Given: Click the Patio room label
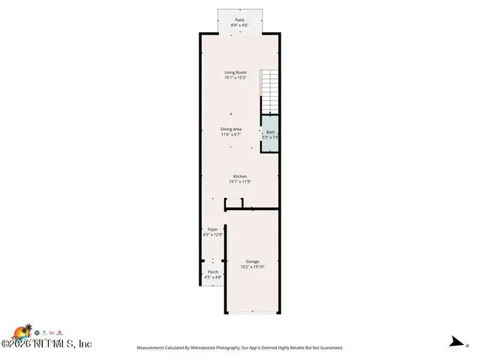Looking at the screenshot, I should pyautogui.click(x=239, y=20).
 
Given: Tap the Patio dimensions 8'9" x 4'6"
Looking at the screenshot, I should pyautogui.click(x=239, y=26).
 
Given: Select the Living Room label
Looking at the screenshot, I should pyautogui.click(x=235, y=73).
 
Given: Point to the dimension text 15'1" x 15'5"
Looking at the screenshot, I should pyautogui.click(x=235, y=79).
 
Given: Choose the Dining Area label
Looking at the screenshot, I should pyautogui.click(x=231, y=129).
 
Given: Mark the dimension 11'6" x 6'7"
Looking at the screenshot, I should pyautogui.click(x=231, y=135).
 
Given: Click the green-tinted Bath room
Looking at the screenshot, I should pyautogui.click(x=270, y=134).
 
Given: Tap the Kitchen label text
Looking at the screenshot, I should pyautogui.click(x=239, y=176).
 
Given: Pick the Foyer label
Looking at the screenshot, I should pyautogui.click(x=212, y=229).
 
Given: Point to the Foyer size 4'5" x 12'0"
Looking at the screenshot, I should pyautogui.click(x=212, y=235).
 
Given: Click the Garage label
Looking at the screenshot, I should pyautogui.click(x=252, y=261).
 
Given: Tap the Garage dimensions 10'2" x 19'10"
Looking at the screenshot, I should pyautogui.click(x=252, y=267).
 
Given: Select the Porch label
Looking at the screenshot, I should pyautogui.click(x=213, y=271).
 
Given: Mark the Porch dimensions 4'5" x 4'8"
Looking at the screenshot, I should pyautogui.click(x=213, y=277).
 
